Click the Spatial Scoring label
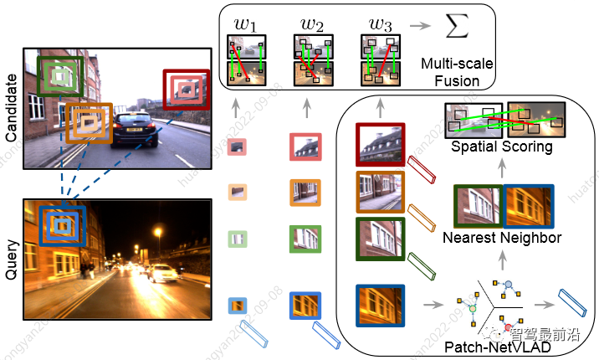(x=501, y=147)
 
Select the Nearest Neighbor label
(x=502, y=239)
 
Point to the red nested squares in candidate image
(x=185, y=90)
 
